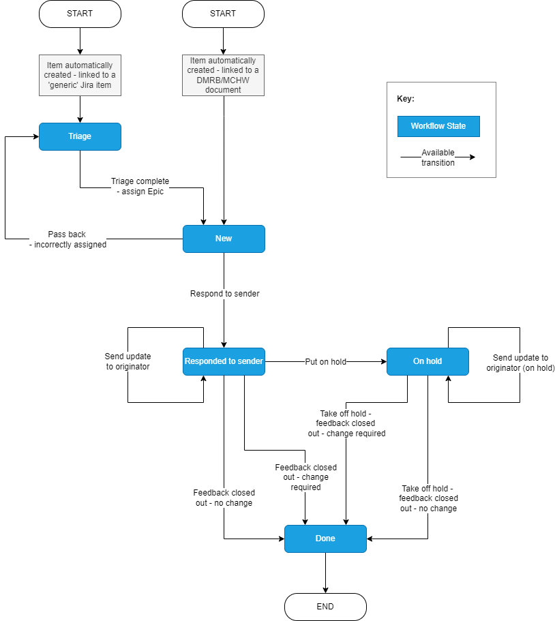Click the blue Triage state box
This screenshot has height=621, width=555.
(x=80, y=136)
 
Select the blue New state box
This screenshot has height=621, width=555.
(x=224, y=239)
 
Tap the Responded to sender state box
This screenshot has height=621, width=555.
(x=224, y=361)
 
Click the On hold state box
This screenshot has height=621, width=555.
(x=427, y=361)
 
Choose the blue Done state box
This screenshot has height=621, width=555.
(x=325, y=539)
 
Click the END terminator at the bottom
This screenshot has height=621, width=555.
(x=325, y=606)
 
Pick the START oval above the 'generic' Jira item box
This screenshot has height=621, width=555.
(x=80, y=14)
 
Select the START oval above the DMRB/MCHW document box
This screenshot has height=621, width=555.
(x=223, y=14)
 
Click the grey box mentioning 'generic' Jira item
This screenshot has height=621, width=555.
(x=80, y=75)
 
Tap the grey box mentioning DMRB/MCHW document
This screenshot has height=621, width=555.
(x=223, y=75)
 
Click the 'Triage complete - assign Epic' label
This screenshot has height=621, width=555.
(x=140, y=186)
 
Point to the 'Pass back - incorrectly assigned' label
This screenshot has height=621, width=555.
(x=67, y=239)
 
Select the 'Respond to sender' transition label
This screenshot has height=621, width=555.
(x=224, y=294)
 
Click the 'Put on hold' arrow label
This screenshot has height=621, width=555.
(x=325, y=362)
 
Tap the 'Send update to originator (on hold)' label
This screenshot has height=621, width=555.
(x=520, y=363)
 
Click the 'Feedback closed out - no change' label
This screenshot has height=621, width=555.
(x=224, y=498)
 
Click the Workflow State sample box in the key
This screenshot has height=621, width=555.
(x=438, y=126)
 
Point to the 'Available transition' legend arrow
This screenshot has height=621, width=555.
(x=438, y=157)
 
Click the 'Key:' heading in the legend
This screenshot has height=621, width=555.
(x=406, y=99)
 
